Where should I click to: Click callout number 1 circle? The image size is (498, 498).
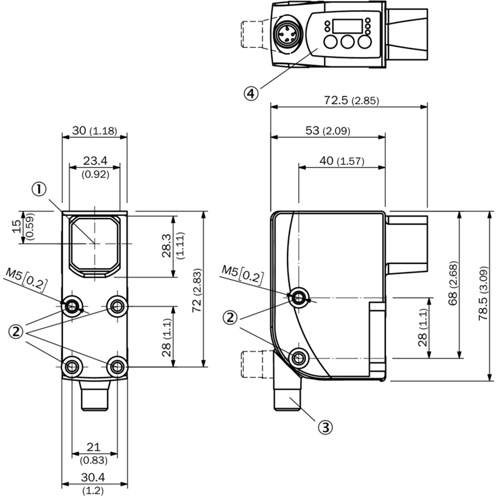39,189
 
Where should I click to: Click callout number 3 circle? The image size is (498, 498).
325,427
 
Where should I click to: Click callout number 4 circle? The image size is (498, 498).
251,93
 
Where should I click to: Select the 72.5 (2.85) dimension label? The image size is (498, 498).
351,100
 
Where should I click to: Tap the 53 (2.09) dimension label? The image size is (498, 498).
328,131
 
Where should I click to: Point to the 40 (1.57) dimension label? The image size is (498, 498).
342,161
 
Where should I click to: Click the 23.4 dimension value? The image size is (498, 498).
95,161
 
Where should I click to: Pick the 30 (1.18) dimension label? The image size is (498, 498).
95,131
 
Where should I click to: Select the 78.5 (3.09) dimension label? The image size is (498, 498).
484,293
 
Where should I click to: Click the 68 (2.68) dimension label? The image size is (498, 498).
453,283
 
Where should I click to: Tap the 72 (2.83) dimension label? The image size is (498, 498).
197,290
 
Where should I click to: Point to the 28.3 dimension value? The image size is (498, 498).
166,245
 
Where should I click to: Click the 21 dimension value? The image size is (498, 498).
94,447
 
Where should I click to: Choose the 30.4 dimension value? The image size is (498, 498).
93,477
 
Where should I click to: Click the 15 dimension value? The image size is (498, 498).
17,226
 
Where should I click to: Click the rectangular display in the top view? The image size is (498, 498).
347,26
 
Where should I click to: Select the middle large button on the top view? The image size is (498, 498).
347,42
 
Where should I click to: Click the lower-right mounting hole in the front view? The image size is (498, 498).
118,367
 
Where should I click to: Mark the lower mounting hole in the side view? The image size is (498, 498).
298,358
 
